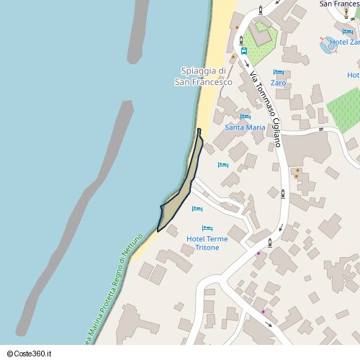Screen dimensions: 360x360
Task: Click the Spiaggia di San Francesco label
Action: click(203, 76)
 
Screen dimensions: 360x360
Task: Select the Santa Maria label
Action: click(245, 127)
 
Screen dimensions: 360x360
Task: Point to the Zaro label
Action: click(278, 83)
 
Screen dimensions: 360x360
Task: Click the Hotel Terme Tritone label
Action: click(207, 243)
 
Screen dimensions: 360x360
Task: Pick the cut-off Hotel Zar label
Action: click(344, 42)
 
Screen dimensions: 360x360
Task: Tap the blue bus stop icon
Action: click(244, 51)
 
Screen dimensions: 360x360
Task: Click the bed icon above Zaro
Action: click(278, 72)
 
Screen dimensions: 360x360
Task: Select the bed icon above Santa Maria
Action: click(245, 117)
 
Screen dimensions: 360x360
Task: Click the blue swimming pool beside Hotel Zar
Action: click(327, 43)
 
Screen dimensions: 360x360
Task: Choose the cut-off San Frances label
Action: click(338, 4)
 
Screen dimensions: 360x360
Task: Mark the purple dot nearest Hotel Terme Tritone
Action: click(258, 253)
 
